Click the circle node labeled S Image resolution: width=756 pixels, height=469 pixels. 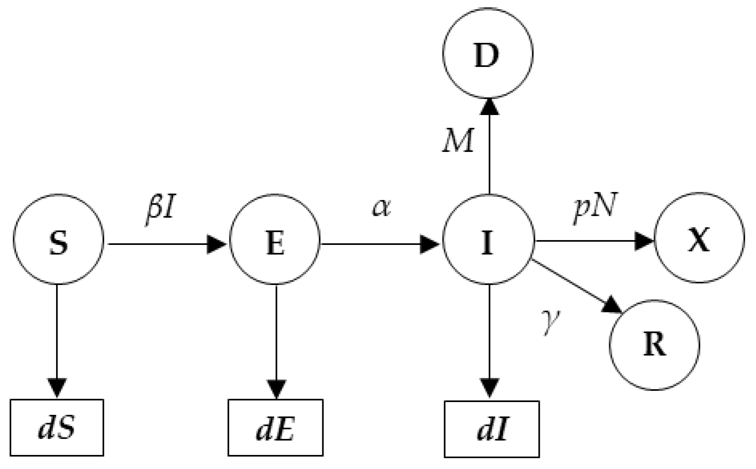click(x=58, y=240)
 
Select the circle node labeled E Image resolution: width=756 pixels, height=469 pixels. click(x=275, y=240)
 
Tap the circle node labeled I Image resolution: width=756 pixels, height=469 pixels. click(x=488, y=240)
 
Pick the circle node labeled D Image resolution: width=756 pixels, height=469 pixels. click(x=488, y=53)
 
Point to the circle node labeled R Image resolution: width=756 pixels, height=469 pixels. click(x=654, y=345)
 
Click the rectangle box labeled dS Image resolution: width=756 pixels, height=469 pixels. click(x=57, y=427)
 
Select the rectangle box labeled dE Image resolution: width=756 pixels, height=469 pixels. click(x=275, y=427)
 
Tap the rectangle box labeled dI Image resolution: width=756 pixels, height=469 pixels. click(x=492, y=429)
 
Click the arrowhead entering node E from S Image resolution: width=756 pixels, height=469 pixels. click(x=216, y=244)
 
